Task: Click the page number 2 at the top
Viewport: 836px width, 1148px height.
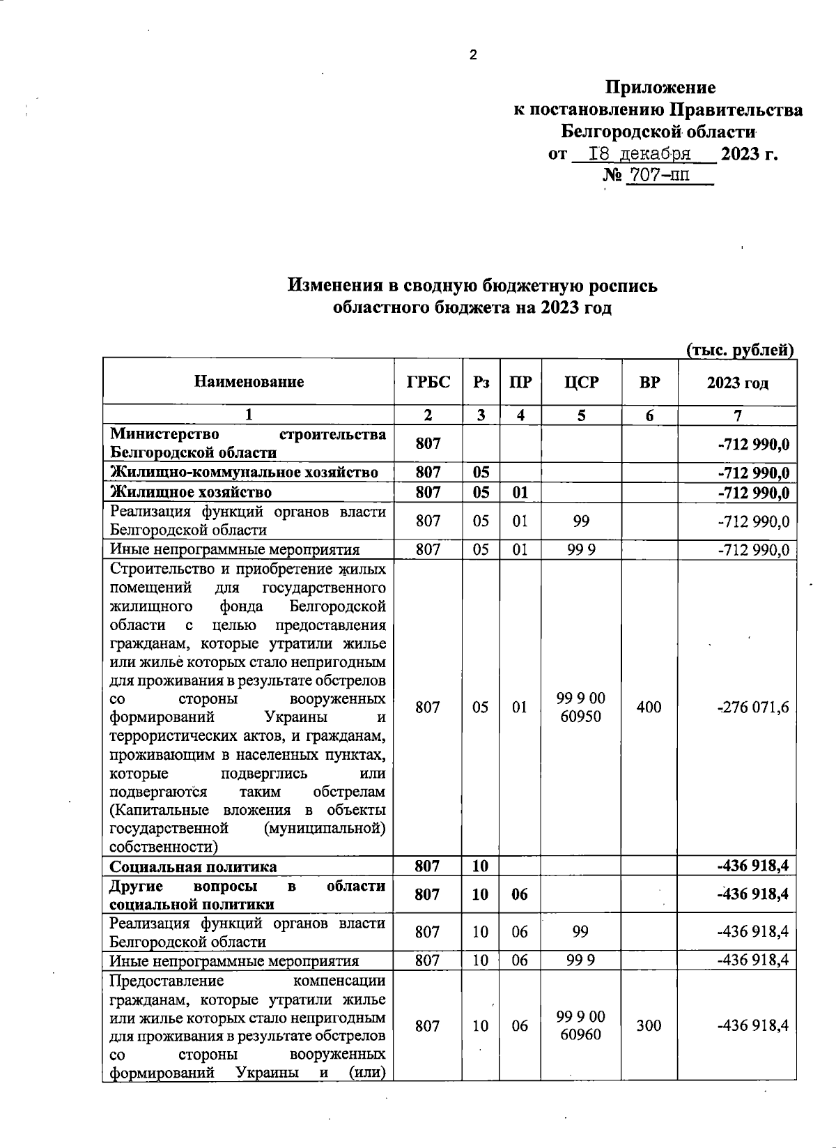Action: click(473, 56)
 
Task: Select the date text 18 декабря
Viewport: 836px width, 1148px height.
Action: click(640, 153)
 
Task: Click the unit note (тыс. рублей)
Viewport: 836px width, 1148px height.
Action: click(740, 350)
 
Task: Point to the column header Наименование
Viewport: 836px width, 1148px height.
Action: click(249, 382)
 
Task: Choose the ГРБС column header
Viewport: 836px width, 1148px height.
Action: click(428, 382)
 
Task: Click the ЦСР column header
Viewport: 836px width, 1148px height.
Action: click(581, 382)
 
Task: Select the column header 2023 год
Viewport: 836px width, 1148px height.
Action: click(737, 383)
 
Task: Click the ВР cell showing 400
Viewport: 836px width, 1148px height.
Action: click(649, 707)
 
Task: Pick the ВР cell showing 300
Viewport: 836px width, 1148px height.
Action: click(649, 1026)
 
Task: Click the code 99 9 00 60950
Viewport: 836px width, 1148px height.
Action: click(581, 707)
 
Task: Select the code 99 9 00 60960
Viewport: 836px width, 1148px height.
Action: click(581, 1026)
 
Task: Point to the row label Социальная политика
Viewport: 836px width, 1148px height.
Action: click(193, 866)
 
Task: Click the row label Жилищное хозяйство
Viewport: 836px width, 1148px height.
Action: click(191, 492)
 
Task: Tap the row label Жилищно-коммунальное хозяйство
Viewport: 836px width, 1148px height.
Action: click(244, 473)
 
